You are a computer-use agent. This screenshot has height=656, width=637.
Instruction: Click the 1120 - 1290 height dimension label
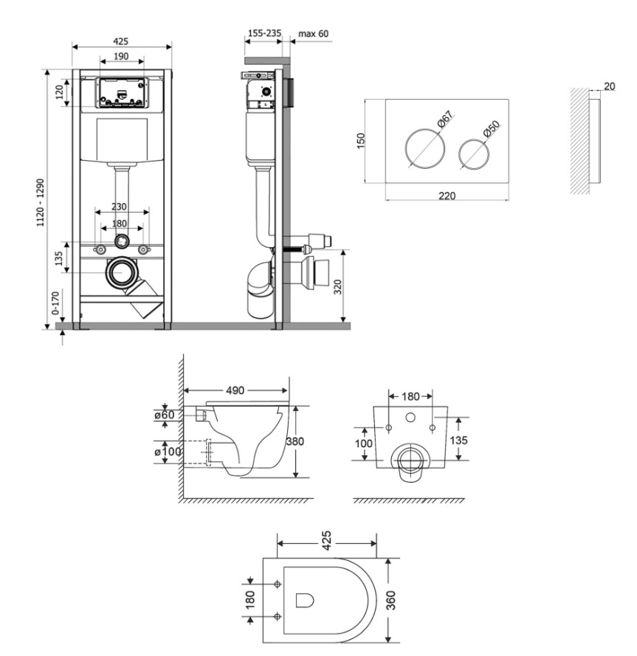click(41, 202)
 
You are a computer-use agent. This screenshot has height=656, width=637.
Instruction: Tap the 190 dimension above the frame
click(121, 56)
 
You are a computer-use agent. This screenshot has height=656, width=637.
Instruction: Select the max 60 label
click(314, 33)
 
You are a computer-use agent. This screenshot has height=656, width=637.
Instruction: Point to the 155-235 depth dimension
click(264, 33)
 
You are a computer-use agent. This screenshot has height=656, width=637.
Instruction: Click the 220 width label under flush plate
click(447, 196)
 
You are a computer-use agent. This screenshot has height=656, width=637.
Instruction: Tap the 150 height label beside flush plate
click(361, 140)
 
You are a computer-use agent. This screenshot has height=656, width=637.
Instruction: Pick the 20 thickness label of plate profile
click(610, 86)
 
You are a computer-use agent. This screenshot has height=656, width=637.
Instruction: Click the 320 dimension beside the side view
click(338, 286)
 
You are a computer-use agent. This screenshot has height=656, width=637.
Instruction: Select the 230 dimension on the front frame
click(119, 207)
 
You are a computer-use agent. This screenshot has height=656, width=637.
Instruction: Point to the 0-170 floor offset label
click(55, 303)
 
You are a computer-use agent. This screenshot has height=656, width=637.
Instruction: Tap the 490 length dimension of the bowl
click(235, 390)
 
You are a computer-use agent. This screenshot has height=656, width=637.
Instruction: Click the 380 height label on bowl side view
click(295, 441)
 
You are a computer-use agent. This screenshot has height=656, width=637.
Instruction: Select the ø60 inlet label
click(164, 415)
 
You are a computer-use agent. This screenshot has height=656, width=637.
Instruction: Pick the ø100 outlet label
click(168, 452)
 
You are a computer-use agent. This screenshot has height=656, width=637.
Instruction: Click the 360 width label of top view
click(391, 600)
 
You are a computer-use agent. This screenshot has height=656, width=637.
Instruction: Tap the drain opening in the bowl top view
click(305, 600)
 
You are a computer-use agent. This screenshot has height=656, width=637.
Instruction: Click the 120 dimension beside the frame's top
click(59, 92)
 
